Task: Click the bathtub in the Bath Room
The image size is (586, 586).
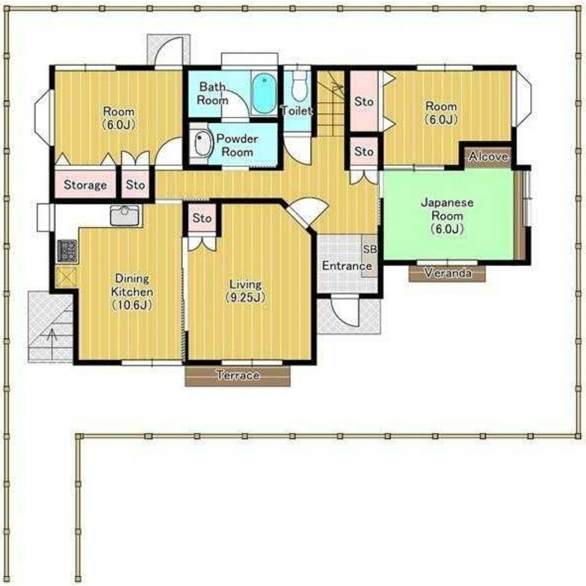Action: (264, 93)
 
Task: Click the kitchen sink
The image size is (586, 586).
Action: (125, 215)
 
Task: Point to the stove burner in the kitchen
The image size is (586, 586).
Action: (67, 251)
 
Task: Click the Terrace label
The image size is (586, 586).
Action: (238, 375)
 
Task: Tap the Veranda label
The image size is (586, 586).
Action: (448, 273)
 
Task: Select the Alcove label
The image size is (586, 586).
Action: (489, 156)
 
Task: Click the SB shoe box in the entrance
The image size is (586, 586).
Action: (370, 255)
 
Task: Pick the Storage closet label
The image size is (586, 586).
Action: (85, 184)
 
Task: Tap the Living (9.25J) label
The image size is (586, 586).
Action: (246, 291)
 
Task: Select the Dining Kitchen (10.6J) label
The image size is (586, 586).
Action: (132, 292)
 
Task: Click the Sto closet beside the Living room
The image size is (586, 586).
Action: (202, 218)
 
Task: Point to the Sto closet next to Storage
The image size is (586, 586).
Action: (135, 184)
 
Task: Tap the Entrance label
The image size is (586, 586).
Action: (347, 266)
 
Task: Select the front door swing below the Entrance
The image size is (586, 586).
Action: (345, 311)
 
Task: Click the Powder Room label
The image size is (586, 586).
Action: (237, 145)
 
